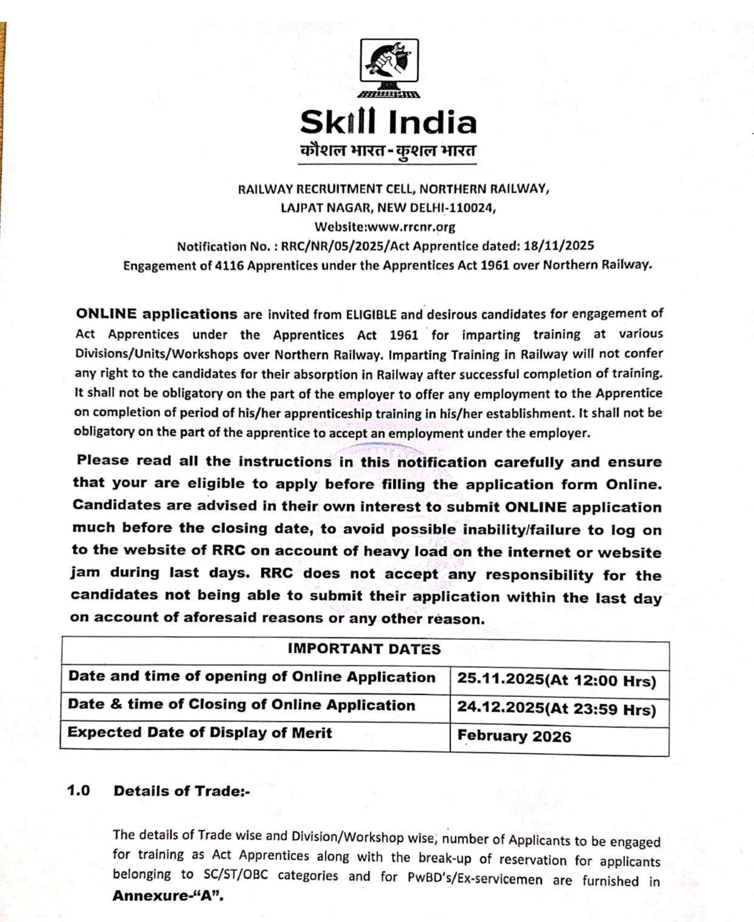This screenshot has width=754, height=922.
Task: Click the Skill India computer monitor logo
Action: pos(389,67)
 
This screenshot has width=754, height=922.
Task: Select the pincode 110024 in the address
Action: pos(472,207)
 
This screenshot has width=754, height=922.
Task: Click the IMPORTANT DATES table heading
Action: pos(364,649)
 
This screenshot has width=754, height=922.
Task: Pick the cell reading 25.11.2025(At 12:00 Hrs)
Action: pos(556,680)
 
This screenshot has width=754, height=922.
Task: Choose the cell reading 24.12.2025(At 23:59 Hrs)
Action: pos(556,709)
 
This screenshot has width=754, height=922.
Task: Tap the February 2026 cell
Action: pos(514,737)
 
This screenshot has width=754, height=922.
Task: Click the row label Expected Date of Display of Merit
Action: pos(199,732)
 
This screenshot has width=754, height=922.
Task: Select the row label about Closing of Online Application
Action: pos(241,705)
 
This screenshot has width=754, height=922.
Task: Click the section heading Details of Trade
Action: pos(181,791)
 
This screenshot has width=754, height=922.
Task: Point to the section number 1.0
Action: pos(78,791)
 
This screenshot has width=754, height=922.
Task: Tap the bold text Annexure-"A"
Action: pos(168,896)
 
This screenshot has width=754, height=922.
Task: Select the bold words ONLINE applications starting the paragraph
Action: pos(156,314)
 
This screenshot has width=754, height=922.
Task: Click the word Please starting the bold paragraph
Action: pos(102,460)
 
